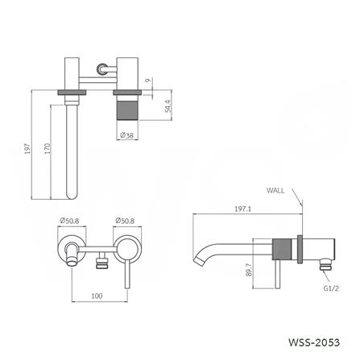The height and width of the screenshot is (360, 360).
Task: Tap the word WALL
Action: (275, 191)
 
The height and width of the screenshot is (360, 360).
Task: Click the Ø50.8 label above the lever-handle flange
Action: (125, 221)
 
